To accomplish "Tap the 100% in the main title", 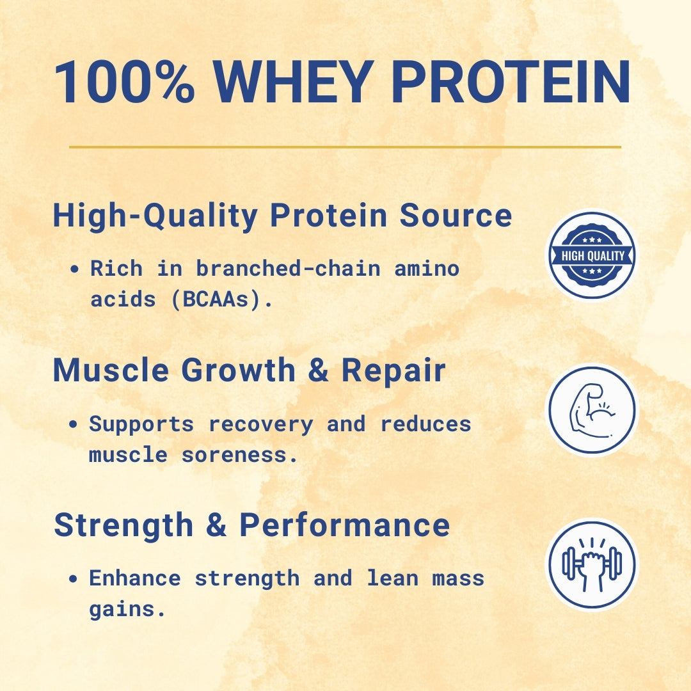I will click(124, 83).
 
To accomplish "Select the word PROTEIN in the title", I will click(511, 83).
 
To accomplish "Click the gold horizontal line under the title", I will click(345, 147).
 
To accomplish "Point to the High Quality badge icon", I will click(592, 256).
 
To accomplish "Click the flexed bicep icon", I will click(592, 409).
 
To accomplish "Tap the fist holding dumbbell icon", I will click(592, 564).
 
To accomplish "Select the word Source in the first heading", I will click(456, 216).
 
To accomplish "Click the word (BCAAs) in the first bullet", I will click(221, 299).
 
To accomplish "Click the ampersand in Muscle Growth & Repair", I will click(318, 370).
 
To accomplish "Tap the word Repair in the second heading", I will click(393, 370).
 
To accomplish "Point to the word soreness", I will click(240, 455).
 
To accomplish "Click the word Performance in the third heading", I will click(344, 525).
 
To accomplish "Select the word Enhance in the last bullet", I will click(135, 578).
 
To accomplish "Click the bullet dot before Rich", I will click(75, 269).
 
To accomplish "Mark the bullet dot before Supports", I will click(75, 424).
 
